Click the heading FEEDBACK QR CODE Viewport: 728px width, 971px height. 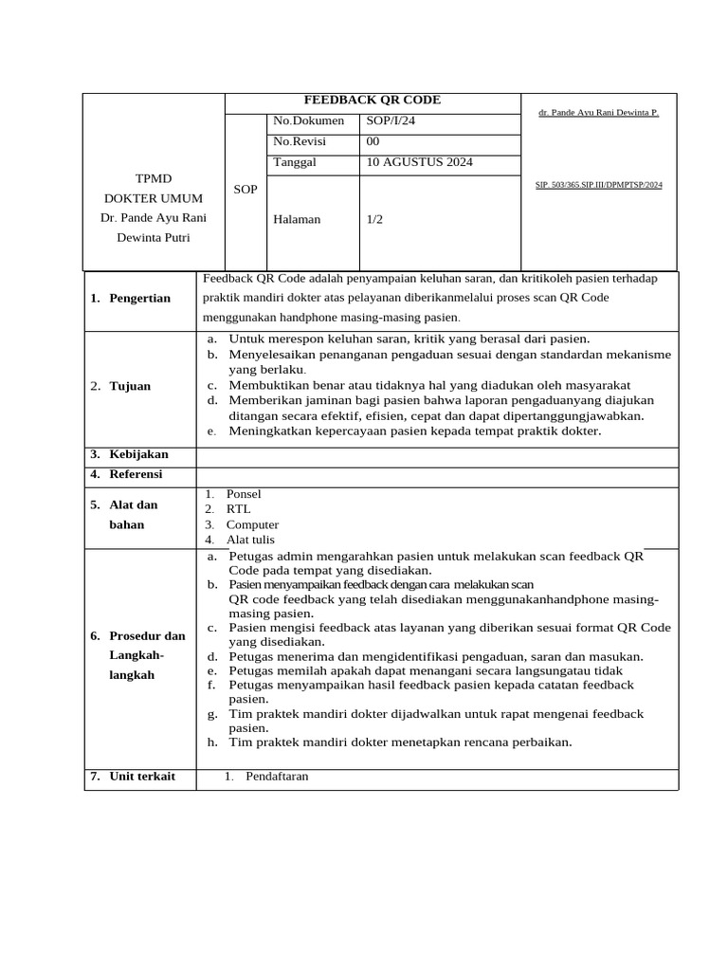pyautogui.click(x=372, y=100)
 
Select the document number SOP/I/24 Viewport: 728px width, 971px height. pyautogui.click(x=391, y=120)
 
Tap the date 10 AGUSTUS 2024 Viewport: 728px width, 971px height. pyautogui.click(x=419, y=162)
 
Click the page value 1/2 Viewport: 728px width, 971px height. pyautogui.click(x=374, y=219)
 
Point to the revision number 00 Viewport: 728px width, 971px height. pyautogui.click(x=373, y=141)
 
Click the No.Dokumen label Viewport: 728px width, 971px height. pyautogui.click(x=309, y=120)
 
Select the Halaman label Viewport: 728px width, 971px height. pyautogui.click(x=297, y=219)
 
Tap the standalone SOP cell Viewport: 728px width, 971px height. pyautogui.click(x=246, y=190)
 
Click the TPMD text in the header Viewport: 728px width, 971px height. pyautogui.click(x=153, y=178)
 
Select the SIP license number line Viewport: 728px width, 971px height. pyautogui.click(x=598, y=185)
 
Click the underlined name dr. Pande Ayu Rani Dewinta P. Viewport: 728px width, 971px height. pyautogui.click(x=598, y=112)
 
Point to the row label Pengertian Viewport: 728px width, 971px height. pyautogui.click(x=140, y=298)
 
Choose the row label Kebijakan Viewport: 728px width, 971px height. pyautogui.click(x=138, y=454)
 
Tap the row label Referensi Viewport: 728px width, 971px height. pyautogui.click(x=136, y=473)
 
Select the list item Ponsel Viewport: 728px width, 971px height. pyautogui.click(x=244, y=494)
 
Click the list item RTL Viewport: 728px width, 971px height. pyautogui.click(x=238, y=509)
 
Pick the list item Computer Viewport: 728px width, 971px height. pyautogui.click(x=252, y=524)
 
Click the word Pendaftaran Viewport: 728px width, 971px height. pyautogui.click(x=277, y=776)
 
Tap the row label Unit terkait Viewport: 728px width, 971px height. pyautogui.click(x=142, y=776)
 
